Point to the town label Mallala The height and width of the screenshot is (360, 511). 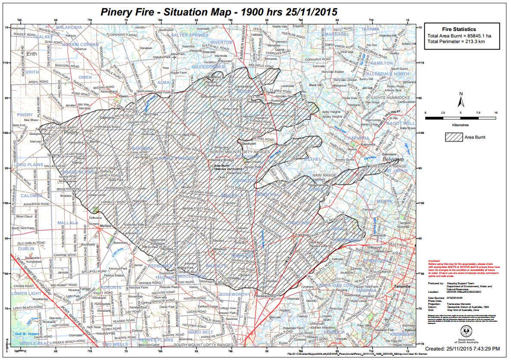tap(106, 225)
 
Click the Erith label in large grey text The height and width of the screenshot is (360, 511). tap(31, 54)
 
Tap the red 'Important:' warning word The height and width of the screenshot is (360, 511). tap(434, 261)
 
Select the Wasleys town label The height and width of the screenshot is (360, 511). tap(220, 249)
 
